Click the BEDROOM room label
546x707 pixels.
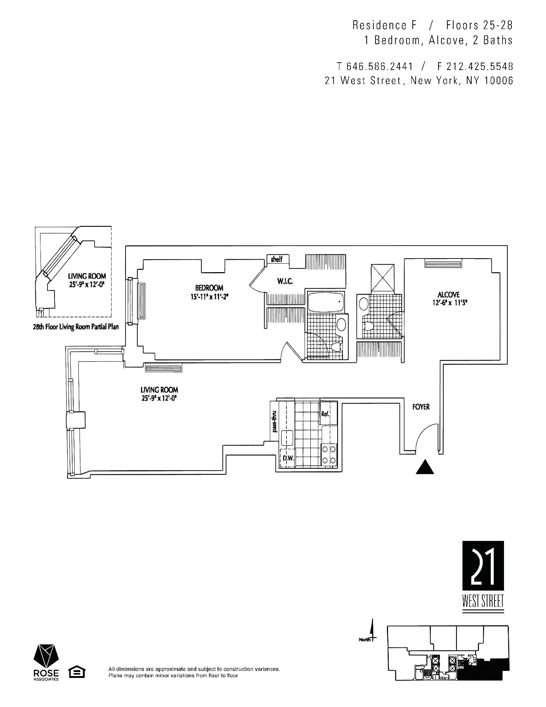point(209,288)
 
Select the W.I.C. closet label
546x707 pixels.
point(285,282)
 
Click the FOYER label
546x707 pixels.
point(421,407)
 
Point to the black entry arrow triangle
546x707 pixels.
point(425,467)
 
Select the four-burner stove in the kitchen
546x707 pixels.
point(329,454)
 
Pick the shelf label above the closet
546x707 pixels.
point(277,260)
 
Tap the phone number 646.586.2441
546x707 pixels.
point(380,67)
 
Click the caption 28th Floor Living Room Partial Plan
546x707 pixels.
point(76,327)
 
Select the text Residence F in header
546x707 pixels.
point(384,25)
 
